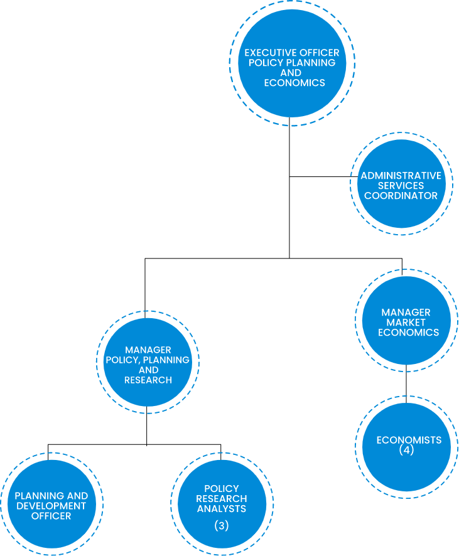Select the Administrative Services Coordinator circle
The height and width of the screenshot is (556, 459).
(401, 184)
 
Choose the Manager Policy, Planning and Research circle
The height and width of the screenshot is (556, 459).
(148, 362)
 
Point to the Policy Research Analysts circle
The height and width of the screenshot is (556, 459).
(222, 505)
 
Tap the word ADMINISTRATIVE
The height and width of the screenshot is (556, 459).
(401, 176)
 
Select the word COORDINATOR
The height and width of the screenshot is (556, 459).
(401, 196)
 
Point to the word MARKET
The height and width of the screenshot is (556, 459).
(406, 323)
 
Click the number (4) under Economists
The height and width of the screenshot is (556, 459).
(406, 451)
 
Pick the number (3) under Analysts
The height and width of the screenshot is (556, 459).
(222, 525)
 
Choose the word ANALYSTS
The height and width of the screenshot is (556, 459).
(222, 509)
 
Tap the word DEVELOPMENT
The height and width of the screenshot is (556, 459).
(51, 506)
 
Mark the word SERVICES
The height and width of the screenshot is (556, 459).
(401, 186)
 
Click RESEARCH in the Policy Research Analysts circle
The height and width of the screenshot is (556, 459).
(222, 499)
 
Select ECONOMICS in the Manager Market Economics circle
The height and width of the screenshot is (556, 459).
(409, 333)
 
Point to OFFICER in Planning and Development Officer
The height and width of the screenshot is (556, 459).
(51, 516)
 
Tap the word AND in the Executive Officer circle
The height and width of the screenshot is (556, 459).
(291, 73)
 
